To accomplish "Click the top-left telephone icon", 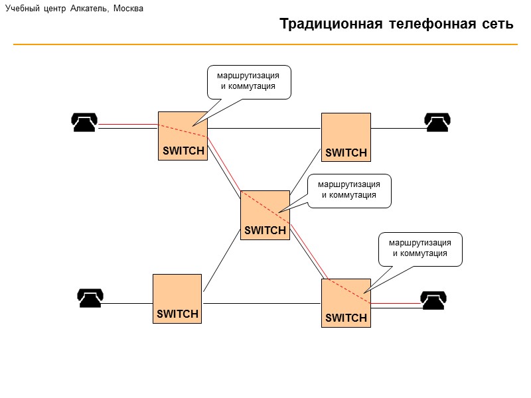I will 84,122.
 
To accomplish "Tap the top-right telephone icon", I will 437,122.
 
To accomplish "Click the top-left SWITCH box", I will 183,136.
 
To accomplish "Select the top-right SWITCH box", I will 346,137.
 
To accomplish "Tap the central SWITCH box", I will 265,215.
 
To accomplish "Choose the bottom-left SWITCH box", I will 177,298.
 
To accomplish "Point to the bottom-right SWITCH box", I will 346,303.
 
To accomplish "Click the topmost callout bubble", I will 249,82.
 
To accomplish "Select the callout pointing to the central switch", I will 349,190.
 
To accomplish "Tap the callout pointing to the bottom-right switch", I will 419,249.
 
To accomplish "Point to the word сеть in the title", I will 494,25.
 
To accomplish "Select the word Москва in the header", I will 128,9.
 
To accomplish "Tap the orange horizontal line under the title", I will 265,44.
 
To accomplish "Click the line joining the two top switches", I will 265,127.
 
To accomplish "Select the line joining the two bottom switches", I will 262,304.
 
